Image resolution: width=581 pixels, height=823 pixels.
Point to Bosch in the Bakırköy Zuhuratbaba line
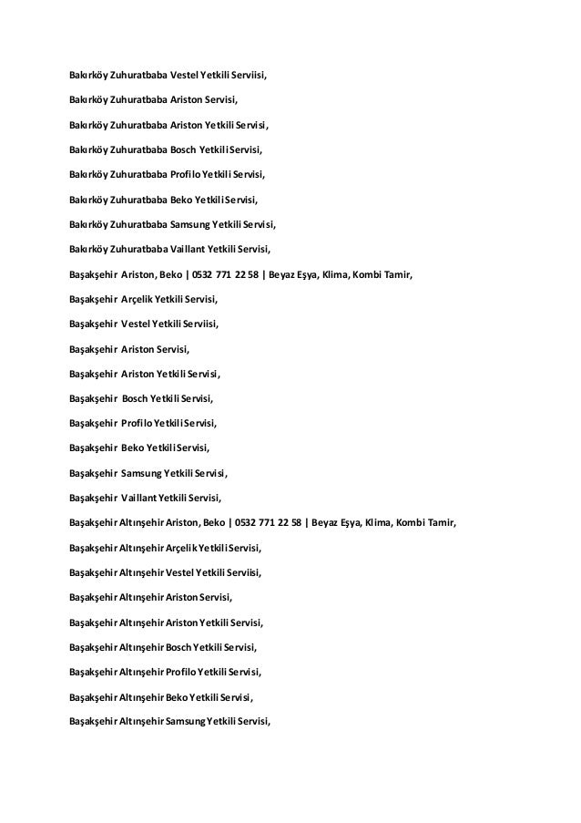[x=186, y=147]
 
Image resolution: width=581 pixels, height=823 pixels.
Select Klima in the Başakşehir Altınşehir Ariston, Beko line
[x=378, y=523]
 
